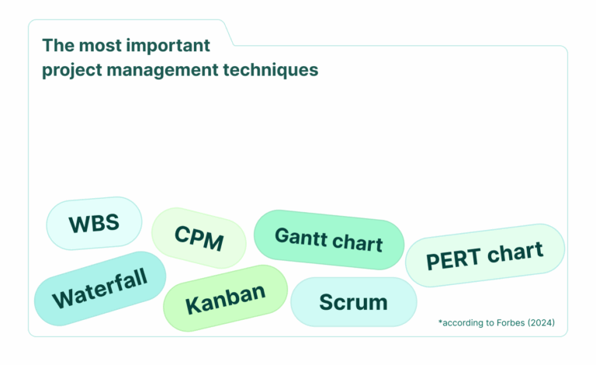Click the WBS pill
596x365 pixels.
94,224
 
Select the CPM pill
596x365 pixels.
199,238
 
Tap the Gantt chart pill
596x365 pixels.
329,240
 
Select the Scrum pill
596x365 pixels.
353,302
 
